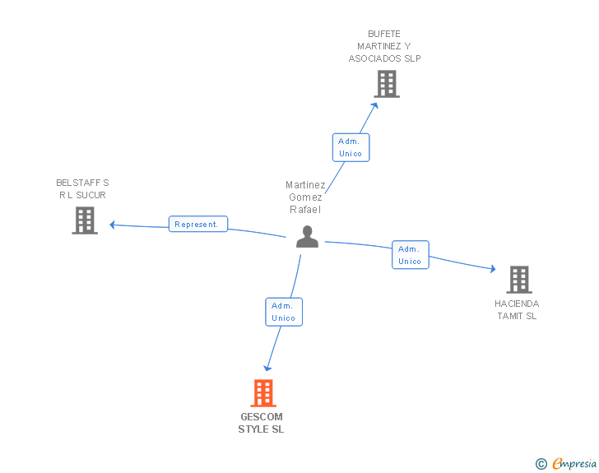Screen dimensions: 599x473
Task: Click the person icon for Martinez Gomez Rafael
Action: point(307,237)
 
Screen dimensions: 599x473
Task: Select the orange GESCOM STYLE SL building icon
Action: point(263,392)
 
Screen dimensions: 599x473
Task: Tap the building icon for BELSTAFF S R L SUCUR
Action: point(85,220)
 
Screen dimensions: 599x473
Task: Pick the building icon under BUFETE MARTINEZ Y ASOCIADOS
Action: point(387,84)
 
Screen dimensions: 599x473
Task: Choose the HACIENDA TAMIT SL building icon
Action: point(519,280)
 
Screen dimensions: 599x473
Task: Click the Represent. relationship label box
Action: point(198,224)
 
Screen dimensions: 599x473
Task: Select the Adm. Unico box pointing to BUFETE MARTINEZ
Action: point(351,147)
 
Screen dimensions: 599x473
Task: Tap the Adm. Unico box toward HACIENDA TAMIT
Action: point(411,255)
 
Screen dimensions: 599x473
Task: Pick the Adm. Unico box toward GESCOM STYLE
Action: point(284,312)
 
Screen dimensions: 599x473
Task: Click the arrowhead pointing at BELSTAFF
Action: point(112,225)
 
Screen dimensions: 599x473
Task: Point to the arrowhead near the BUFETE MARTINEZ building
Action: point(375,105)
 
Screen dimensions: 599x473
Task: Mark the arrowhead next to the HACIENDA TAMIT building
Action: point(493,269)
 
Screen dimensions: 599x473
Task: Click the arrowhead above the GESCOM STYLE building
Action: point(267,369)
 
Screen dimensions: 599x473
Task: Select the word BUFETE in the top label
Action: point(384,34)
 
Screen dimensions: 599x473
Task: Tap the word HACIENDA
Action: point(517,304)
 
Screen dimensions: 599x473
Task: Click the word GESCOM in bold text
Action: point(262,416)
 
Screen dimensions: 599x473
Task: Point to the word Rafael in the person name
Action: point(305,210)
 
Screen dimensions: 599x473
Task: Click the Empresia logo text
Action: point(574,463)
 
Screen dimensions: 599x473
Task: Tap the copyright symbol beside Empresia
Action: point(541,464)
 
